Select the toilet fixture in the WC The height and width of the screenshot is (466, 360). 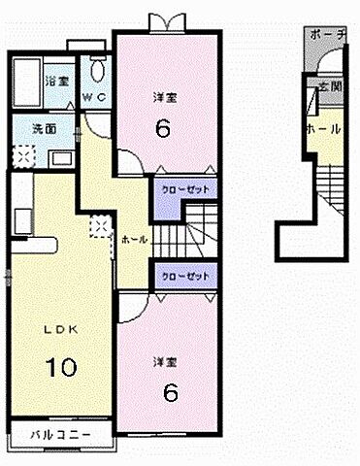click(98, 68)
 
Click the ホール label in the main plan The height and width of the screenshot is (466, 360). click(135, 239)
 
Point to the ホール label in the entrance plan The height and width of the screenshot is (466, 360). click(324, 129)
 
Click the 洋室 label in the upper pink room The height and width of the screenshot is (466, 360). click(165, 98)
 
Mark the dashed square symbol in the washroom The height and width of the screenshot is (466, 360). click(24, 154)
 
